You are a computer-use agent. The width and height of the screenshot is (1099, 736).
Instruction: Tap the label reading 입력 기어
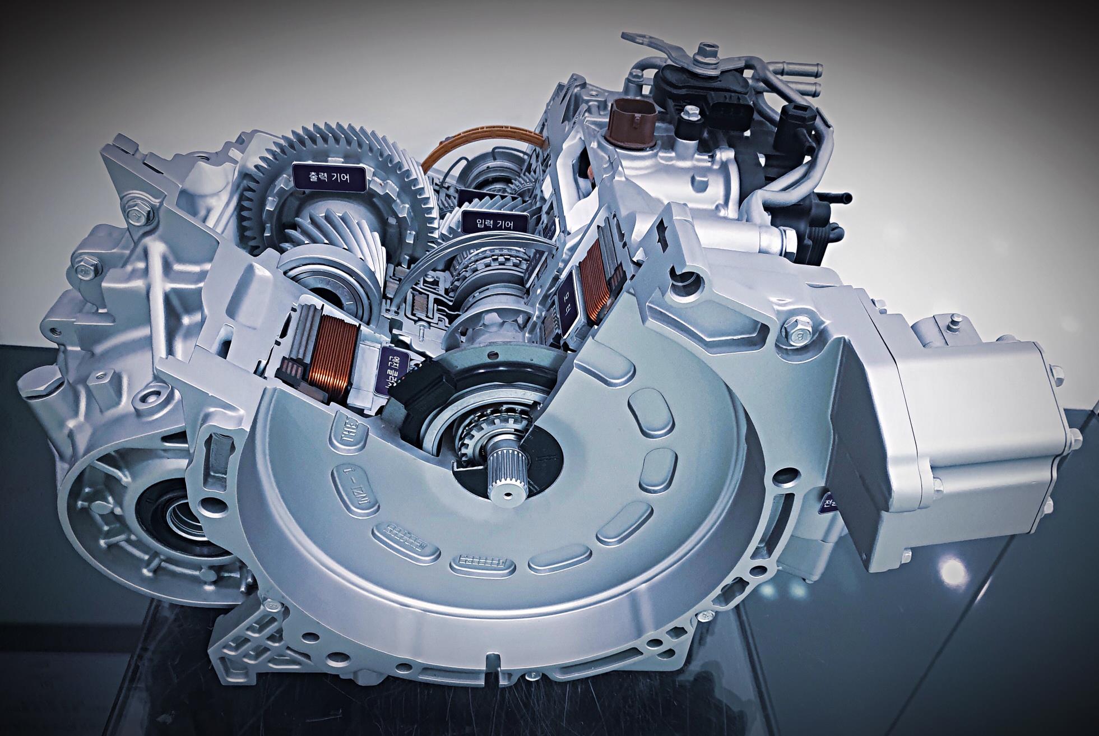point(494,223)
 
